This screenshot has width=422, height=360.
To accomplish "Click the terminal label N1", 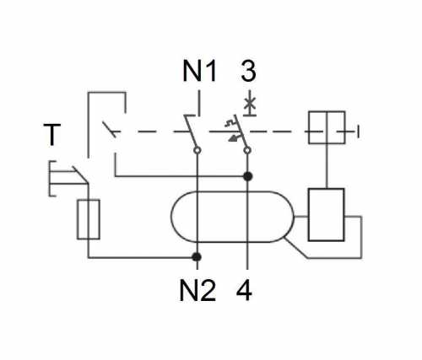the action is click(200, 72).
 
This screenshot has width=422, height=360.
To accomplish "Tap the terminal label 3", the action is click(249, 72).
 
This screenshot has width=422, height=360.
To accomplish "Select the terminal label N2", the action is click(197, 291).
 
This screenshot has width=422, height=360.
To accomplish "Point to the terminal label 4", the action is click(244, 291).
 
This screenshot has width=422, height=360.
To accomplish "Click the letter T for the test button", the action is click(52, 135).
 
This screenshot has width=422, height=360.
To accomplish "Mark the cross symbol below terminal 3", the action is click(250, 104).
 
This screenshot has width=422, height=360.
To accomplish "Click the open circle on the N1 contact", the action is click(197, 150).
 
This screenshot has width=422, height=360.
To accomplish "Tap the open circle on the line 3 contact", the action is click(247, 150).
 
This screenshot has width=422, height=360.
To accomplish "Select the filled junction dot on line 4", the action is click(247, 176).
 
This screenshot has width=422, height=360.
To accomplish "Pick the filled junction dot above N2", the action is click(197, 256).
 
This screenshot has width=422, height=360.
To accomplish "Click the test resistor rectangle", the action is click(89, 219).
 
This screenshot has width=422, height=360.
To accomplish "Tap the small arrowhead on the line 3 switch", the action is click(232, 138).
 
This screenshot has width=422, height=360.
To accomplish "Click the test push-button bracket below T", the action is click(50, 179).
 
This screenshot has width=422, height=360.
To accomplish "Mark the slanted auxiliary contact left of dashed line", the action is click(109, 130).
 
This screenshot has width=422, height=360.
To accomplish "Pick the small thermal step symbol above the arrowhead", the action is click(230, 123).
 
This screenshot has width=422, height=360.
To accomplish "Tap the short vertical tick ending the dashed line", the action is click(358, 132).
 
